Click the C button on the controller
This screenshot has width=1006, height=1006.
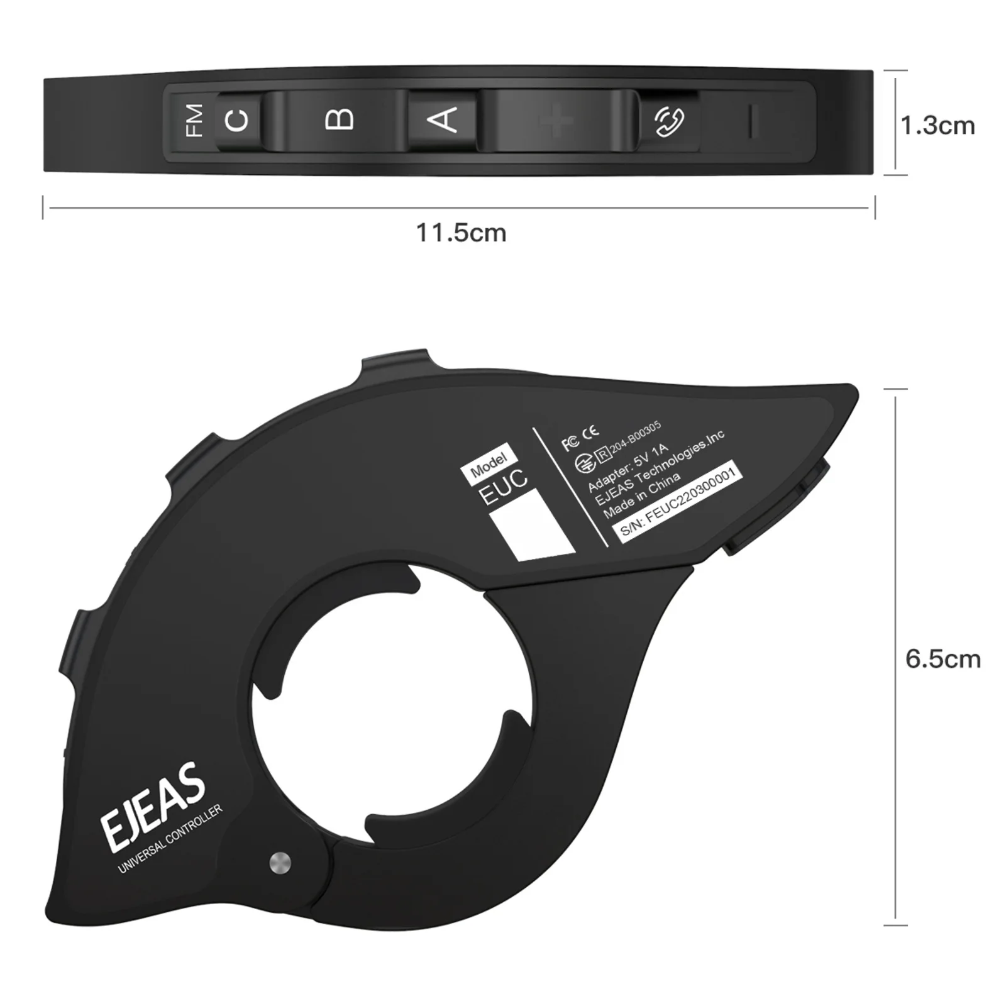pos(237,120)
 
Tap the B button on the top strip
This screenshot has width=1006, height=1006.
pos(340,119)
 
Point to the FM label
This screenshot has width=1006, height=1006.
pos(194,120)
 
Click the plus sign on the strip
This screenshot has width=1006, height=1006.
pos(556,121)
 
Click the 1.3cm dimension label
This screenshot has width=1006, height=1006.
pos(937,126)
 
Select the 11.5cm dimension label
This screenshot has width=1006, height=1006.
pos(461,233)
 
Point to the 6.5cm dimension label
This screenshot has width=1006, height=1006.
pos(942,658)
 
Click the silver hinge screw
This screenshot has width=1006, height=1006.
pos(279,863)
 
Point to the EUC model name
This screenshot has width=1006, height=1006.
pos(504,487)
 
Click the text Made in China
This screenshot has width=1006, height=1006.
pos(641,495)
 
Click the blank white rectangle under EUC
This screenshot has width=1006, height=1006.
pos(532,526)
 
